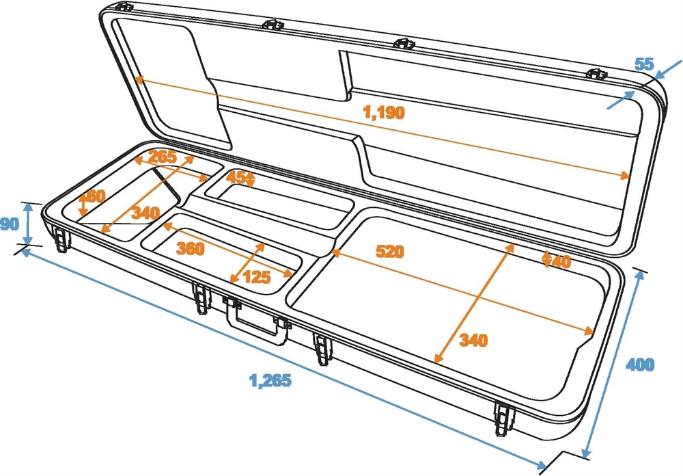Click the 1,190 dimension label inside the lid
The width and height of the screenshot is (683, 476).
click(x=384, y=113)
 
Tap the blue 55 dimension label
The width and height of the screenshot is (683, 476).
click(x=644, y=64)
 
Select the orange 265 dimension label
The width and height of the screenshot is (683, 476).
click(x=162, y=157)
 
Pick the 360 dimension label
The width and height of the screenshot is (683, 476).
click(x=191, y=248)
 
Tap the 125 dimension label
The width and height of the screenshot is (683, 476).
click(x=257, y=277)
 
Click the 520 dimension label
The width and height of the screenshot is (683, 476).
click(x=390, y=251)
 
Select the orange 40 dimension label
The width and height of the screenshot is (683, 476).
click(x=561, y=261)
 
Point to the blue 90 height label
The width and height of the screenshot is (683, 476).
click(x=10, y=224)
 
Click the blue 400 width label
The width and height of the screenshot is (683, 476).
click(x=640, y=365)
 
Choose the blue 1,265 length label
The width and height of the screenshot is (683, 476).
click(x=270, y=381)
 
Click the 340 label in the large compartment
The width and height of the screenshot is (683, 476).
click(x=473, y=340)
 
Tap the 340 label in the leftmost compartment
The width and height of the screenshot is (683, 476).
click(x=145, y=213)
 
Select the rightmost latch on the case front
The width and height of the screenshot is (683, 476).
click(x=505, y=418)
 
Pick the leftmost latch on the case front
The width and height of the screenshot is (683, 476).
click(x=62, y=239)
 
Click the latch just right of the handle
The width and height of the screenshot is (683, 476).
click(x=322, y=349)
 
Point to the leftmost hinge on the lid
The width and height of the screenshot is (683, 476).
click(x=124, y=7)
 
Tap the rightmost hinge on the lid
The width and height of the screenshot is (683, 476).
click(x=596, y=74)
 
